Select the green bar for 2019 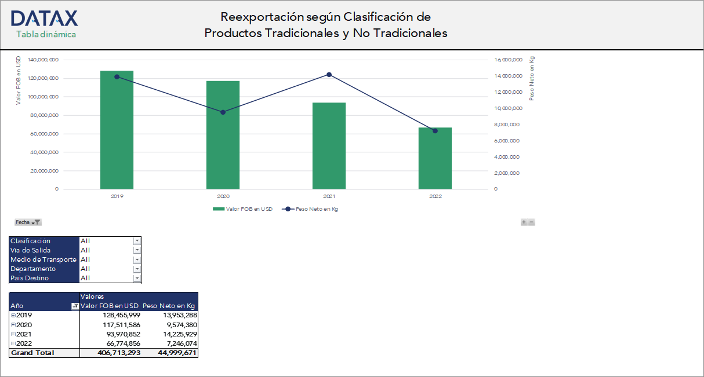point(117,130)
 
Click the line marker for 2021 point(329,75)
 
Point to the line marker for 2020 point(223,112)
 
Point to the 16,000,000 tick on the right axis point(508,60)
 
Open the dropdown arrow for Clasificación point(137,241)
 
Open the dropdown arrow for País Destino point(137,278)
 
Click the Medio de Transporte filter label point(43,259)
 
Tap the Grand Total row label point(32,353)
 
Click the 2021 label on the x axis point(329,196)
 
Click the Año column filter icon point(75,306)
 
